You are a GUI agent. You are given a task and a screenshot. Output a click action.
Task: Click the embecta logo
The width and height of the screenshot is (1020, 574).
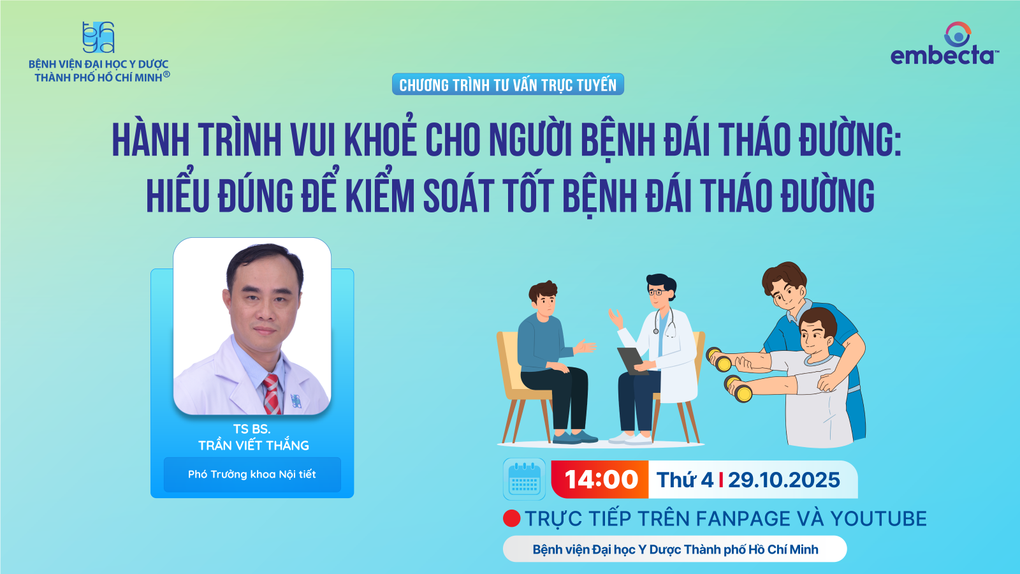pyautogui.click(x=944, y=43)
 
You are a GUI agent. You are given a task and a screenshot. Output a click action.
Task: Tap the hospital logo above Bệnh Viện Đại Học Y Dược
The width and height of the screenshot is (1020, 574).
pyautogui.click(x=98, y=38)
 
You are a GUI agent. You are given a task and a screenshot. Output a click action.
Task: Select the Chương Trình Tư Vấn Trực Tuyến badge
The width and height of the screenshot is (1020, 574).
pyautogui.click(x=507, y=84)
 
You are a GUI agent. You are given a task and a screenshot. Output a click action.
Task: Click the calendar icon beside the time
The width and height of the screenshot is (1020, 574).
pyautogui.click(x=524, y=479)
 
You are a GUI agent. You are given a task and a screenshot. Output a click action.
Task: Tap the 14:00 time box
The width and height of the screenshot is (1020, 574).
pyautogui.click(x=600, y=479)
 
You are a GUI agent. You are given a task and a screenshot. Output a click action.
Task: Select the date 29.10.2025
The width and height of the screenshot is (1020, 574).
pyautogui.click(x=783, y=480)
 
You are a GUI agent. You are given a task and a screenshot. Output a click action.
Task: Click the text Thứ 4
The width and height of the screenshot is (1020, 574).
pyautogui.click(x=685, y=480)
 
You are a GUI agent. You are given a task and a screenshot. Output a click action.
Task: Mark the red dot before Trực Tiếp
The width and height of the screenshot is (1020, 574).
pyautogui.click(x=512, y=519)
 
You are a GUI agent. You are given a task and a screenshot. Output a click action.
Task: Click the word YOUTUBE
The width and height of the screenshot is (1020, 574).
pyautogui.click(x=878, y=519)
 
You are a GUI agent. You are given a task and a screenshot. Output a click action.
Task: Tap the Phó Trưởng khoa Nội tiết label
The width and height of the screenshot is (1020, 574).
pyautogui.click(x=252, y=475)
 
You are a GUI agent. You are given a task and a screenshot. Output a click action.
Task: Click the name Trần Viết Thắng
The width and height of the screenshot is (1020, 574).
pyautogui.click(x=254, y=445)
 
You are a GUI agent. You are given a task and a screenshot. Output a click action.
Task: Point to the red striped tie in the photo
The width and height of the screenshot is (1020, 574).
pyautogui.click(x=272, y=394)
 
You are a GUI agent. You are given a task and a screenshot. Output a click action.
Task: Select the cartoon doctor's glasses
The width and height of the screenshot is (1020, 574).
pyautogui.click(x=656, y=291)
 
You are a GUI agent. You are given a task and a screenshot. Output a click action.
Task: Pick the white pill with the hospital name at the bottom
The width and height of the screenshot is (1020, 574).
pyautogui.click(x=675, y=549)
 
